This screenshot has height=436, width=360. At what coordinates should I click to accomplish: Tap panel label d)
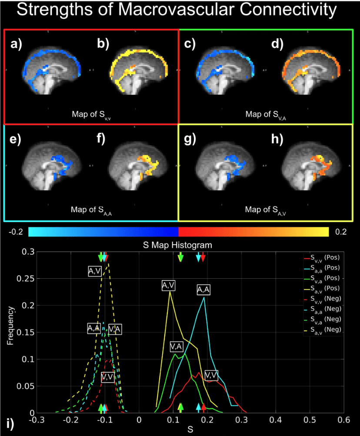276,43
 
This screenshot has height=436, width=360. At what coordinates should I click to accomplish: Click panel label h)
276,140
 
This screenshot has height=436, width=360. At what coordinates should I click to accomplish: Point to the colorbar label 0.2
340,232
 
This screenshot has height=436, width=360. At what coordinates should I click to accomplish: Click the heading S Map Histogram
177,245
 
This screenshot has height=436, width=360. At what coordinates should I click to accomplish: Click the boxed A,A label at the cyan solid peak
203,290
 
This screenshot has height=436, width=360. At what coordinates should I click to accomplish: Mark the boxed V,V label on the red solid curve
211,375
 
